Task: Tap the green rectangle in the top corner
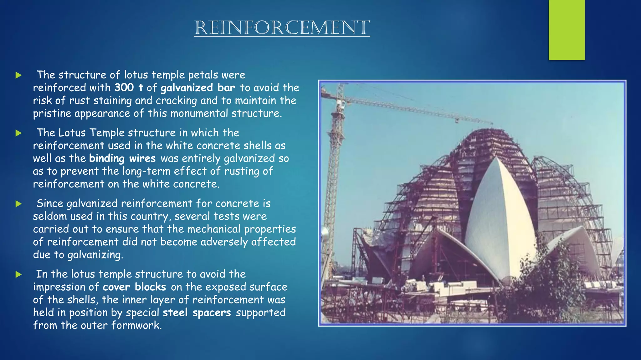[x=567, y=30]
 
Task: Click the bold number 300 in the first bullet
[x=124, y=87]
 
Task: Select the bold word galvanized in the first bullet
[x=187, y=87]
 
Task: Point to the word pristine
[x=52, y=113]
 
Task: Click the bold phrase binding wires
[x=122, y=158]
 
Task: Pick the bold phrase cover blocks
[x=134, y=287]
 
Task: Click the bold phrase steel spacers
[x=197, y=312]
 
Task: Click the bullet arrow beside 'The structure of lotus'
[x=18, y=75]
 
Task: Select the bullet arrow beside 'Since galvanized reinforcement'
[x=18, y=204]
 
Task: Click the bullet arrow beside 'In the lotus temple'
[x=18, y=274]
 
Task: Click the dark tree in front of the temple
[x=551, y=281]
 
